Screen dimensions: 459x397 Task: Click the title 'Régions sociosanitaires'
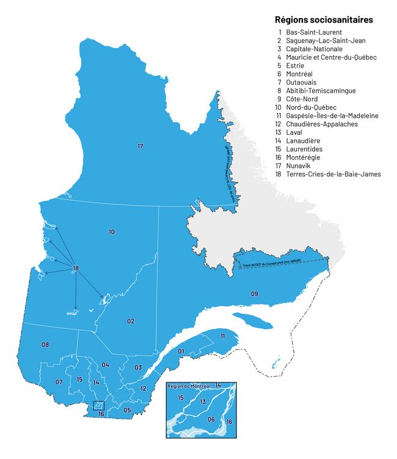tap(324, 20)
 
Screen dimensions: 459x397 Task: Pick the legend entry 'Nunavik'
tap(299, 165)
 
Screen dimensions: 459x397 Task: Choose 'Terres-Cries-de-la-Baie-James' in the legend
tap(333, 174)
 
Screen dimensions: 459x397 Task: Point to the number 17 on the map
tap(140, 146)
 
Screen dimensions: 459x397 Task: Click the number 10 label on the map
tap(111, 232)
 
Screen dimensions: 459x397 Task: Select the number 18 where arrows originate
tap(76, 269)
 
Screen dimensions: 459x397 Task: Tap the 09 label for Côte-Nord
tap(255, 294)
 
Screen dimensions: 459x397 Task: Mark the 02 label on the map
tap(131, 321)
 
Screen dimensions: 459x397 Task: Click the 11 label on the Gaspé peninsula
tap(223, 336)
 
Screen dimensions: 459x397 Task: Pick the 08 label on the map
tap(45, 345)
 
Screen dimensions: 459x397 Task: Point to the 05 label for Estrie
tap(127, 410)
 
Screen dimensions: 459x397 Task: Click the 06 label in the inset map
tap(211, 419)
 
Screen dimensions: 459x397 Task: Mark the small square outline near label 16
tap(98, 405)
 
